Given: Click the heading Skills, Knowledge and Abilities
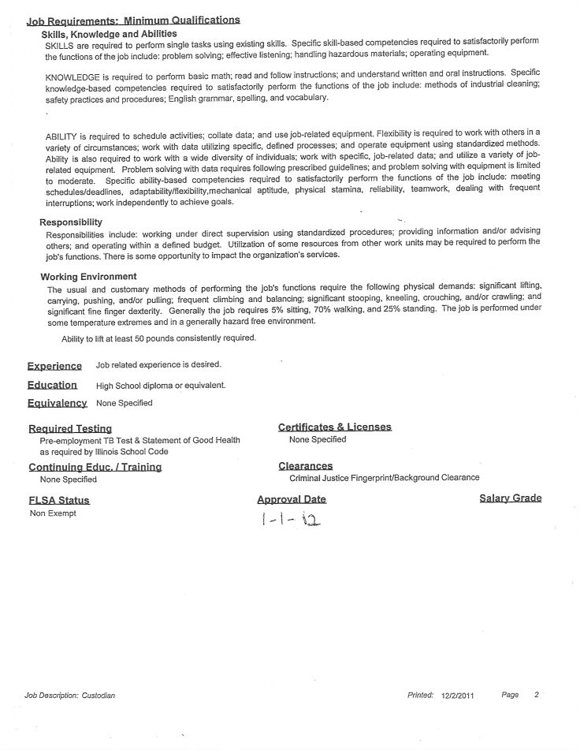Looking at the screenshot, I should coord(109,34).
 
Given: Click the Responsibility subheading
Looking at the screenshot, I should coord(71,222).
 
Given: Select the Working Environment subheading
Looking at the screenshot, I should coord(88,277).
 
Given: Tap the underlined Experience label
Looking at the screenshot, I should coord(54,366).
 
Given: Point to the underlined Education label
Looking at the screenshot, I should coord(52,385).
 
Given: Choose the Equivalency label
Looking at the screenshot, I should coord(57,403).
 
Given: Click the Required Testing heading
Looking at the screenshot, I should coord(70,429).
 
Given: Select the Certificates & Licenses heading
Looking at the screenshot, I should coord(334,427).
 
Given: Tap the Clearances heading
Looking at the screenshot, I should coord(305,466).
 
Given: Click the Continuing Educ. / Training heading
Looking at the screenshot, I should coord(95,467).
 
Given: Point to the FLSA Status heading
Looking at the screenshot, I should coord(59,500).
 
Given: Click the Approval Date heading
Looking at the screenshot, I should coord(291,499).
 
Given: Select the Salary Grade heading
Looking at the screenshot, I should coord(510,498).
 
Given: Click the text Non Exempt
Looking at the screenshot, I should coord(53,513).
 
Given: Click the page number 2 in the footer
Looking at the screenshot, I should coord(536,695).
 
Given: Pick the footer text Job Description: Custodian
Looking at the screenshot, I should coord(69,696).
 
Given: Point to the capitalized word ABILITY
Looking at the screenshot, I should coord(61,136).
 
